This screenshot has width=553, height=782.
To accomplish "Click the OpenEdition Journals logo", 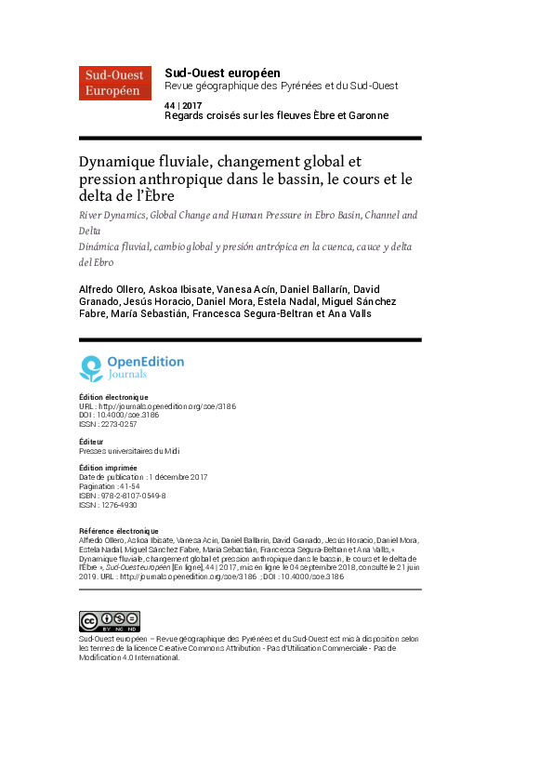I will point(132,368).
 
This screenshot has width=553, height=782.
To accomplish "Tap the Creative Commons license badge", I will point(109,596).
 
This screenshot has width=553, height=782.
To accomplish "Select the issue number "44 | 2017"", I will point(182,105).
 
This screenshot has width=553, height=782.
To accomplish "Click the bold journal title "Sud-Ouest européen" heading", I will point(222,73).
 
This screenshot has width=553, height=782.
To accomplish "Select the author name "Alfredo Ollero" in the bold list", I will point(111,289).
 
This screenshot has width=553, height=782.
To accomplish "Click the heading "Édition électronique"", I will point(113,397).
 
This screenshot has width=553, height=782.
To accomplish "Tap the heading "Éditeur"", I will point(91,442).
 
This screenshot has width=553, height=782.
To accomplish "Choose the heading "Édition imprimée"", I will point(108,468).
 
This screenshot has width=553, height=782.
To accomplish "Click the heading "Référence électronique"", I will point(118,531).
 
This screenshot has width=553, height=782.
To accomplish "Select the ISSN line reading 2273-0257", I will point(108,424).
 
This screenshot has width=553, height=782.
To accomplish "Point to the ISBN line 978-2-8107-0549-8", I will point(123,496).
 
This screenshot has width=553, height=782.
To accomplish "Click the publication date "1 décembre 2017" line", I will point(143,477).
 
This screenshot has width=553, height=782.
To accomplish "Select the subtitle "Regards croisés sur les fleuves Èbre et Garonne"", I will point(276,115).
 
